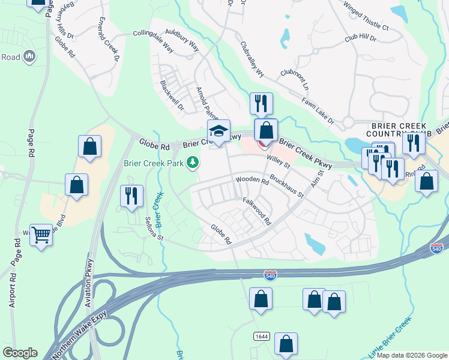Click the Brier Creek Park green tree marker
(x=193, y=162)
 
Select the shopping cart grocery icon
(x=41, y=235)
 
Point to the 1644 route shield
(x=261, y=335)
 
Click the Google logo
(x=20, y=353)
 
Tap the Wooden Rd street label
(x=252, y=180)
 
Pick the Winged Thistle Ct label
(x=366, y=18)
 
